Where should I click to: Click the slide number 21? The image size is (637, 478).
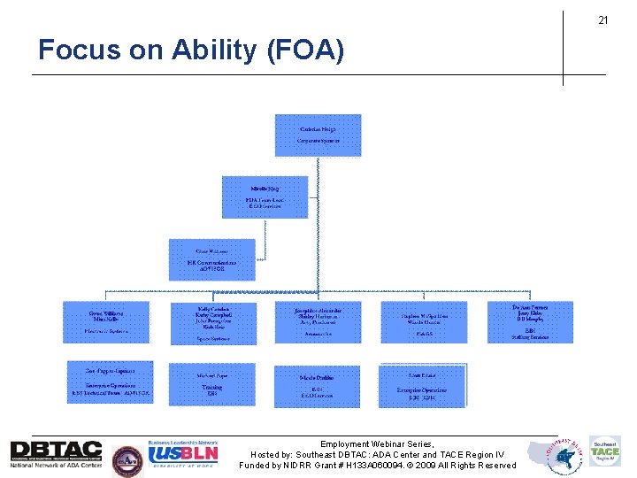tap(602, 20)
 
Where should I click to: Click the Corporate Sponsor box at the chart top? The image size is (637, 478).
tap(318, 135)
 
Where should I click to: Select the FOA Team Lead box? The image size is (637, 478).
tap(265, 197)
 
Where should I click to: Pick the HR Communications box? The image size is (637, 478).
tap(212, 259)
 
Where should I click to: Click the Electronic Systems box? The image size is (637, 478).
tap(106, 322)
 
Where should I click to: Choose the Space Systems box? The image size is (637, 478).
tap(212, 322)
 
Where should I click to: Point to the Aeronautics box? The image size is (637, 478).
tap(318, 322)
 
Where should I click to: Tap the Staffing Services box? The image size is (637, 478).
tap(530, 322)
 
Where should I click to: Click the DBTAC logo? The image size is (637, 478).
tap(56, 453)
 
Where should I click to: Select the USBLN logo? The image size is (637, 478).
tap(184, 453)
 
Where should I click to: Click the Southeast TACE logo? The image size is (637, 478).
tap(605, 452)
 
